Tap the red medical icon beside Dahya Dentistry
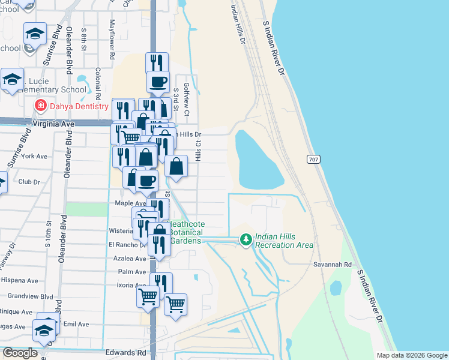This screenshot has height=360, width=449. [40, 106]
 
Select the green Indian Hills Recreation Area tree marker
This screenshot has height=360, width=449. [246, 240]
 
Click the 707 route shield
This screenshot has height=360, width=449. [313, 160]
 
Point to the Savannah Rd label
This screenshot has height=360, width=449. [331, 263]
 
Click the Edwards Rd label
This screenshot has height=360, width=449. [125, 353]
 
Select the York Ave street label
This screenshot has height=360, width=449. [34, 156]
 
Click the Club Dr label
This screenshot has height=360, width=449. [29, 182]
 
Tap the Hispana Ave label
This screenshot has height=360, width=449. [23, 280]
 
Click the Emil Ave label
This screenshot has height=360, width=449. [76, 324]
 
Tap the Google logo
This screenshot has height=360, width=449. [20, 353]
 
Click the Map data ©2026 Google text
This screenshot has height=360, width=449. [411, 355]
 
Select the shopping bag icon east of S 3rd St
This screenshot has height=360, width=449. [176, 167]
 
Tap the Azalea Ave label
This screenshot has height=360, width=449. [130, 259]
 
